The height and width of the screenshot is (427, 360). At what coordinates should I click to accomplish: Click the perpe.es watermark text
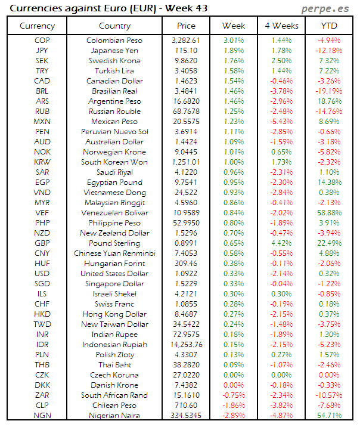point(327,9)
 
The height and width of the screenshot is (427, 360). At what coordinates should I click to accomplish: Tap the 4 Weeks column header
point(281,26)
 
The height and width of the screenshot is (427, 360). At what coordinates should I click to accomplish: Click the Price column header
point(186,26)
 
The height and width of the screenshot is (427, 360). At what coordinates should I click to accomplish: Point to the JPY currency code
point(42,51)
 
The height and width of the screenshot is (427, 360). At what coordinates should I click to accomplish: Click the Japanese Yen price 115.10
point(186,51)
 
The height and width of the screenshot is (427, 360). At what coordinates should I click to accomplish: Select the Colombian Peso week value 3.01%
point(234,41)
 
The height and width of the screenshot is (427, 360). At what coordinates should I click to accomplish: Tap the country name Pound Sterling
point(114,243)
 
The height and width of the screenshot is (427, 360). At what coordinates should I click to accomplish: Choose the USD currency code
point(42,274)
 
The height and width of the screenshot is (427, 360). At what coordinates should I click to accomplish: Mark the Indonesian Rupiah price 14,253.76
point(186,345)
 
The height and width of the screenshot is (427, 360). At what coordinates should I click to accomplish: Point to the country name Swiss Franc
point(114,304)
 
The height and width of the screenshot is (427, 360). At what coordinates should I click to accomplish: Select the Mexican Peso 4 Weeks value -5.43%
point(281,122)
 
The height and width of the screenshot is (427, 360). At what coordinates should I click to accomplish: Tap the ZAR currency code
point(42,395)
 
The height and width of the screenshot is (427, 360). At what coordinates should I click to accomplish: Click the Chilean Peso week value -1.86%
point(234,406)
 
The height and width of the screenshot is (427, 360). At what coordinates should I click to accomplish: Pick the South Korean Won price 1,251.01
point(186,162)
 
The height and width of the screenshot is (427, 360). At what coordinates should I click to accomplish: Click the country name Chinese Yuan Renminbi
point(114,253)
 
